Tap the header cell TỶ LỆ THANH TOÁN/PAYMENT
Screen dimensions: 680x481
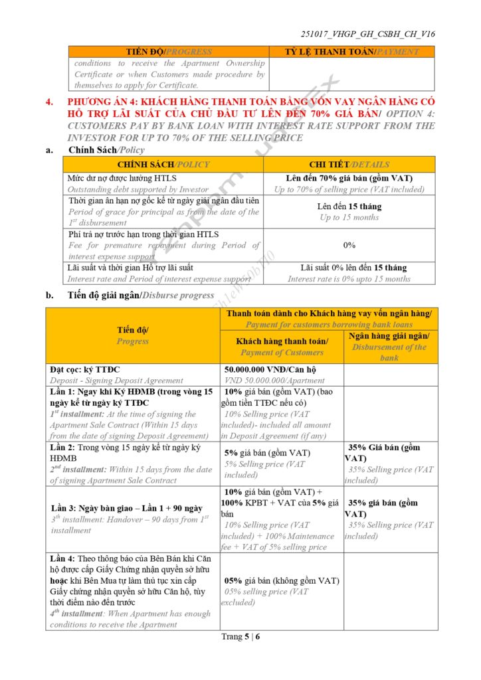[351, 51]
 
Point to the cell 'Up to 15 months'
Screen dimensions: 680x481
[349, 217]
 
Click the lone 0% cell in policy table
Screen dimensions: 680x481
[349, 245]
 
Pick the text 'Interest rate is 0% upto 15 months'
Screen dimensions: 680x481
[349, 279]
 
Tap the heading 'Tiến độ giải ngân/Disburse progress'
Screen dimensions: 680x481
[141, 296]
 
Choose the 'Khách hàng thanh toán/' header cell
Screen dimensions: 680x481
[282, 341]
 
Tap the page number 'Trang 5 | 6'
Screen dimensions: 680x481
[241, 637]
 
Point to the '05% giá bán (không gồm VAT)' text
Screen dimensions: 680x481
[282, 580]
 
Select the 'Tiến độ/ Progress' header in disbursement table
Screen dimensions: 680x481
[133, 335]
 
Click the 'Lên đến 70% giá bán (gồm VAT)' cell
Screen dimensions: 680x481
[349, 178]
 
